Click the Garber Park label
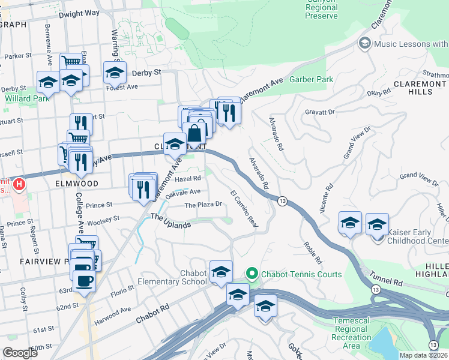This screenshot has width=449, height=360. [310, 79]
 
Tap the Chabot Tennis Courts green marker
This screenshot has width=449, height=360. [252, 274]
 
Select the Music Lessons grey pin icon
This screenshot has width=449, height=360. [364, 43]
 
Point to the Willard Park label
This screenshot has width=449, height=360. [28, 98]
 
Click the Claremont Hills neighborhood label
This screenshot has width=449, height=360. [413, 86]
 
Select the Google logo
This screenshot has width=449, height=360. [20, 353]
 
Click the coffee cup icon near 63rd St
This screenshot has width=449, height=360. [84, 281]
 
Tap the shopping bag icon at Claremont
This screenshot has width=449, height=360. [194, 134]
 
